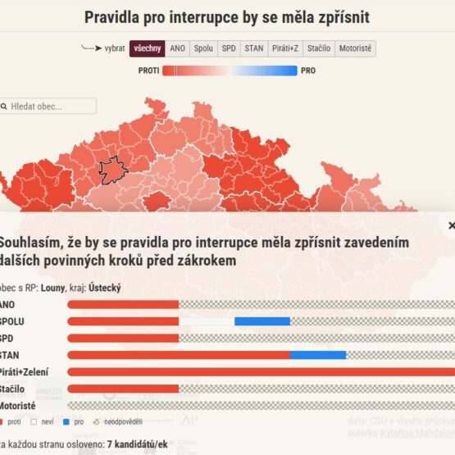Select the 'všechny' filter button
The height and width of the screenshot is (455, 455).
pyautogui.click(x=148, y=48)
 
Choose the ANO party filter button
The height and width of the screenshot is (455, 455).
pyautogui.click(x=177, y=48)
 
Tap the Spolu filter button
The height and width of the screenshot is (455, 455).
pyautogui.click(x=203, y=48)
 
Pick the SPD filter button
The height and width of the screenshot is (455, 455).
pyautogui.click(x=229, y=48)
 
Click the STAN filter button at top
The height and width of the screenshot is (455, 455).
pyautogui.click(x=254, y=48)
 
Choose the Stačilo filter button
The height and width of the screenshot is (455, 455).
pyautogui.click(x=319, y=48)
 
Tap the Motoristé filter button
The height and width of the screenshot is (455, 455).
pyautogui.click(x=355, y=48)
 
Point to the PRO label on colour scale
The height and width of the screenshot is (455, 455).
pyautogui.click(x=308, y=71)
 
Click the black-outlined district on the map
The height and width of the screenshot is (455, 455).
pyautogui.click(x=112, y=171)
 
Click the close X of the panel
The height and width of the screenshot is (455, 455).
pyautogui.click(x=451, y=225)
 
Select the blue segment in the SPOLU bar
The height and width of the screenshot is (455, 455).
pyautogui.click(x=262, y=321)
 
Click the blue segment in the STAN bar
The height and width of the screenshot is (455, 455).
pyautogui.click(x=318, y=355)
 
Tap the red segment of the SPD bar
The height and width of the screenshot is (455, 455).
pyautogui.click(x=123, y=338)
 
